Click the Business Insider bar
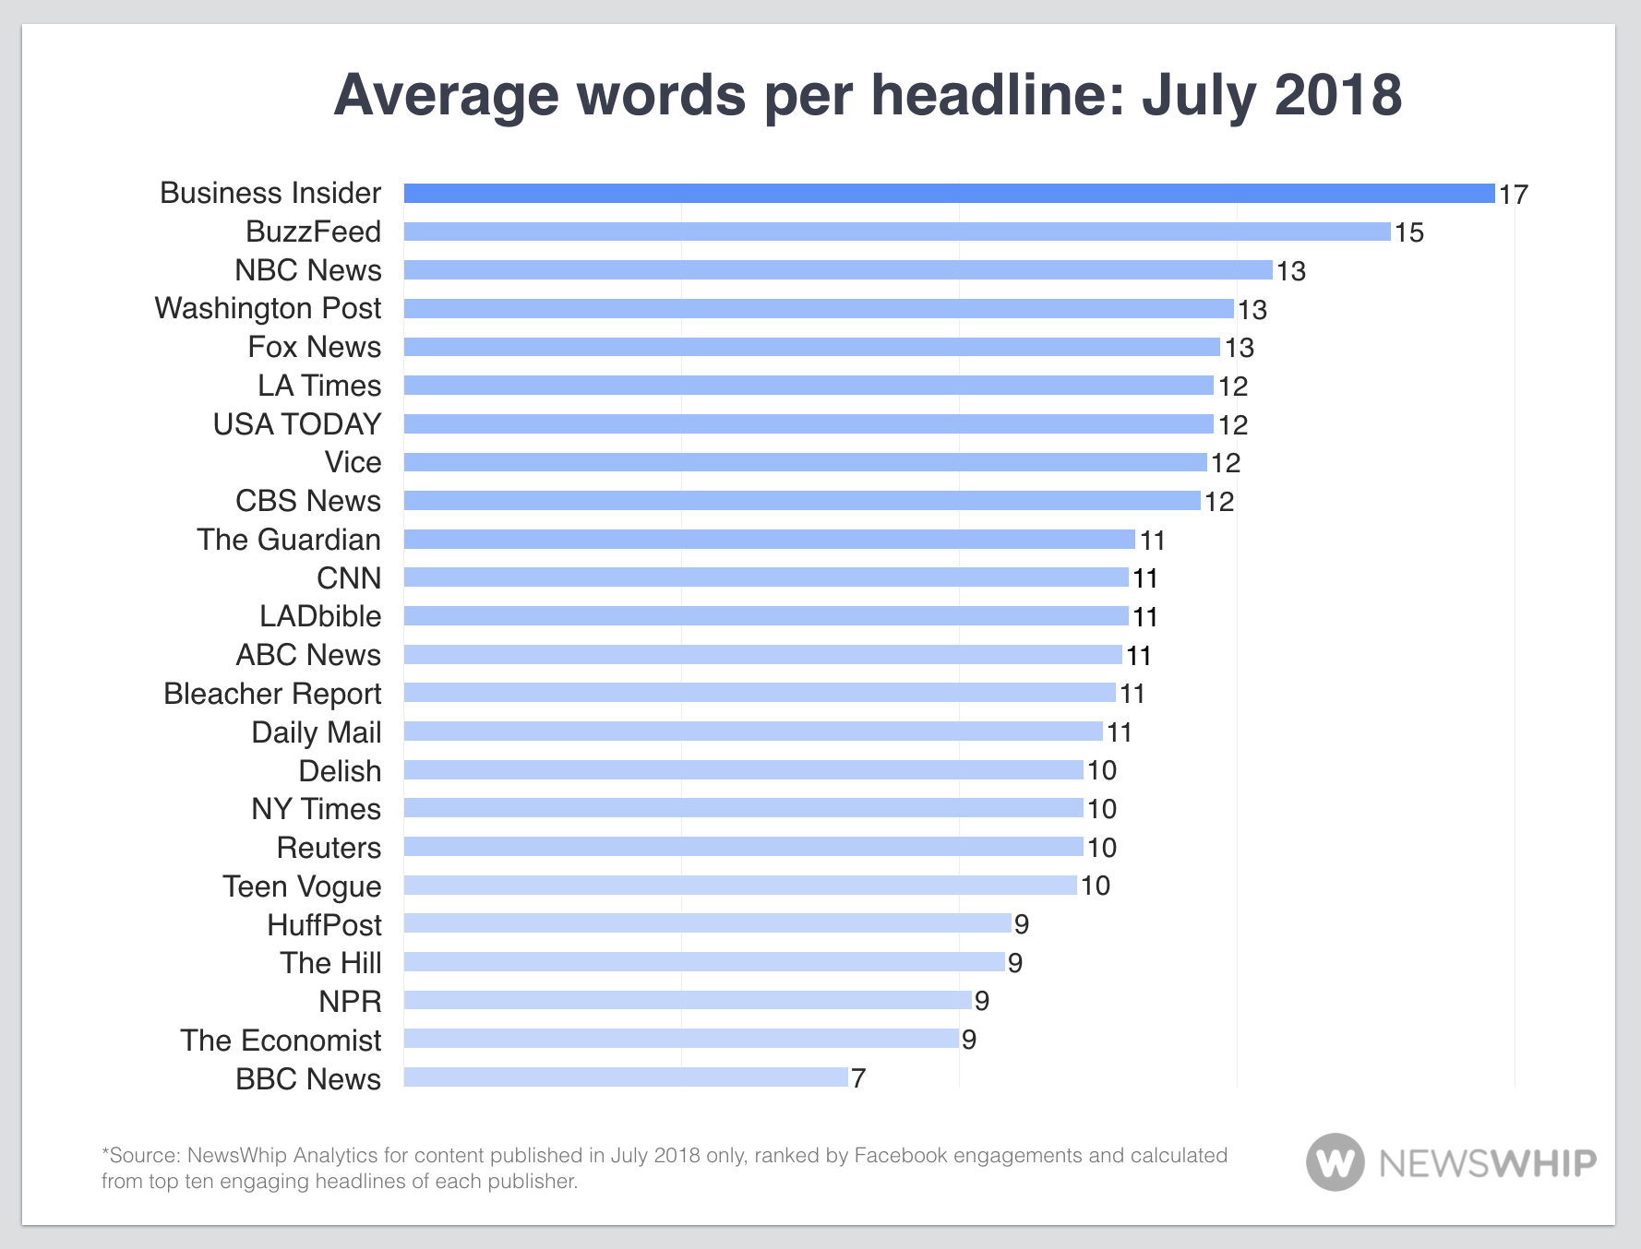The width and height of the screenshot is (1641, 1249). (949, 193)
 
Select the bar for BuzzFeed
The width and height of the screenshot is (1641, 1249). (896, 232)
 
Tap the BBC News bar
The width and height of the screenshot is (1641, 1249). (626, 1077)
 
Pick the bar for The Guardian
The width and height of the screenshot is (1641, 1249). (769, 540)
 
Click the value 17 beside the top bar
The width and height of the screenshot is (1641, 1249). (1514, 195)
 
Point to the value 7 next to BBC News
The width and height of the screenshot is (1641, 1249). (858, 1078)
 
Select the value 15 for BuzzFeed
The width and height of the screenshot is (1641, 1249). (1408, 232)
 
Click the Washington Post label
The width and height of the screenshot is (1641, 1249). (268, 308)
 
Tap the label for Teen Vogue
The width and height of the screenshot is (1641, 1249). (302, 886)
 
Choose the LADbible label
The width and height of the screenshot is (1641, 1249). (319, 616)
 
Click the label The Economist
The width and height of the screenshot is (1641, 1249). (281, 1041)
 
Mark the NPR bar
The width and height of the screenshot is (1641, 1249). (688, 1000)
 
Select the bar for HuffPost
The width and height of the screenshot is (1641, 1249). (707, 923)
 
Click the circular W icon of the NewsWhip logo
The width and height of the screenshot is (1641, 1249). (1335, 1162)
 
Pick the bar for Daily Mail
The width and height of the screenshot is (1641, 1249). (753, 732)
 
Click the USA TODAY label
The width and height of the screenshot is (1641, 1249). (296, 424)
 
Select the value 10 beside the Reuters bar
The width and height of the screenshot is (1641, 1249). (1102, 848)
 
